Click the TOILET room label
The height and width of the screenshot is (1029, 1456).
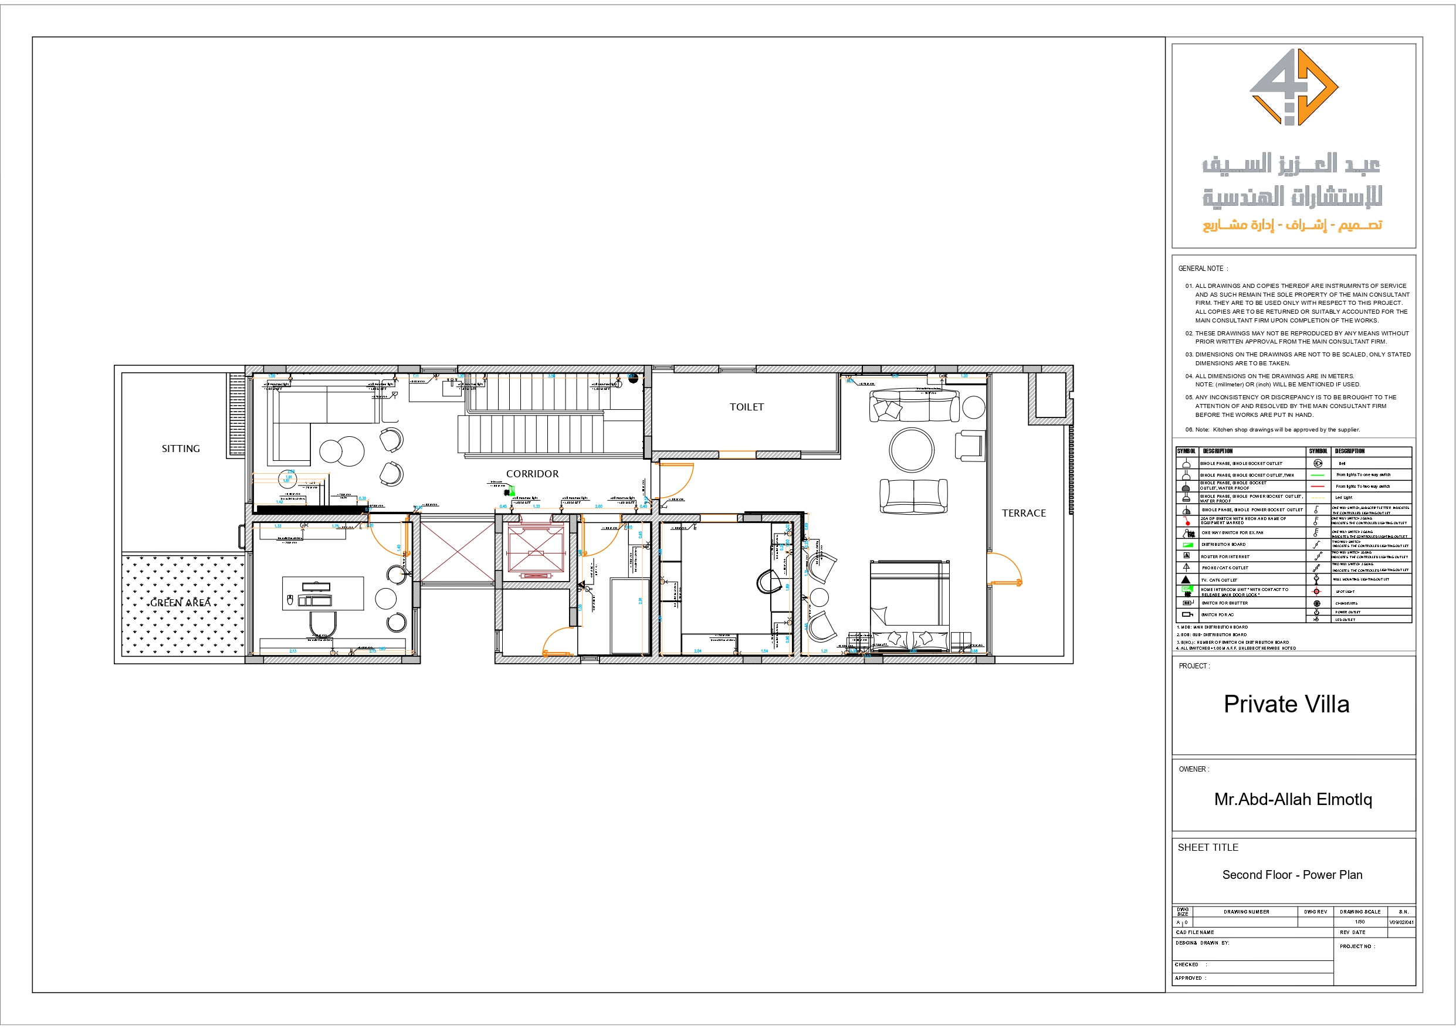(746, 407)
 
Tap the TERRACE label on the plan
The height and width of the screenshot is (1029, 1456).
(1024, 513)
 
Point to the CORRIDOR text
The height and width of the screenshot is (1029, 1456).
(532, 474)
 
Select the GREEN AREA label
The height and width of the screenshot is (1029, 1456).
(180, 602)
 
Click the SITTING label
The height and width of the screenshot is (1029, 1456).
(181, 449)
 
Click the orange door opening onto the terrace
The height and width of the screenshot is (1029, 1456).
(1005, 569)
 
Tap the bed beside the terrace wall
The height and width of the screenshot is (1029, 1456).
(909, 606)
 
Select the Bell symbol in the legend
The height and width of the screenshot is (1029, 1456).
(1318, 463)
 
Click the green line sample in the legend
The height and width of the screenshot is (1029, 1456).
(1318, 475)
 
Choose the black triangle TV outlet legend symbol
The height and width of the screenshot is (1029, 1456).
(1186, 579)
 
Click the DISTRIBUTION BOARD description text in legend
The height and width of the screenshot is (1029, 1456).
(1223, 545)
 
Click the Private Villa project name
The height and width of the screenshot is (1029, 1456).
(1286, 704)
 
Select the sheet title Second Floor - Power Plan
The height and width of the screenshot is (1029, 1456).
(1292, 875)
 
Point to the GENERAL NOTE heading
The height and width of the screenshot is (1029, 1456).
(1203, 269)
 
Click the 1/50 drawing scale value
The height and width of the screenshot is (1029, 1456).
(1360, 922)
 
